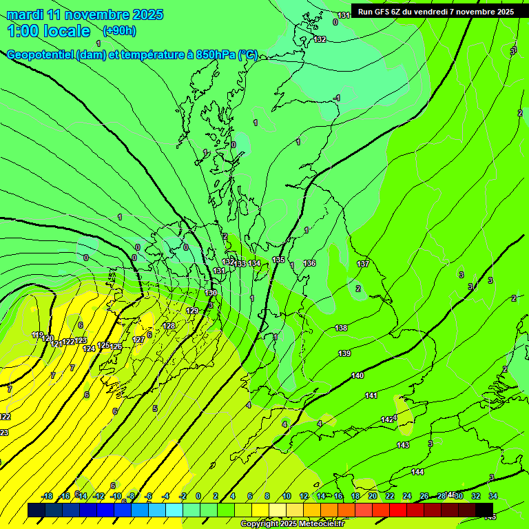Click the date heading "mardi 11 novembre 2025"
(x=85, y=14)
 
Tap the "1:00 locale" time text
(x=48, y=31)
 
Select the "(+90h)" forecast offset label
(x=119, y=30)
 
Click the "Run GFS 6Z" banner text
(x=380, y=12)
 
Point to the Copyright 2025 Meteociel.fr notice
(x=292, y=524)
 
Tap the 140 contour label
(x=357, y=375)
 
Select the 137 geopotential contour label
(x=363, y=264)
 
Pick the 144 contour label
(x=417, y=472)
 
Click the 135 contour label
(x=278, y=260)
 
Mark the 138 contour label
(x=341, y=328)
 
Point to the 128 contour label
(x=169, y=326)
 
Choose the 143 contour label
(x=403, y=445)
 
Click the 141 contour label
(x=371, y=395)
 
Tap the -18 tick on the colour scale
(x=47, y=496)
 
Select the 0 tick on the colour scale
(x=198, y=496)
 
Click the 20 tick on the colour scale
(x=373, y=496)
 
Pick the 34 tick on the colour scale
(x=493, y=496)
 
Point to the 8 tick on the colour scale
(x=267, y=496)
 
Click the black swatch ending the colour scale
(x=484, y=510)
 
